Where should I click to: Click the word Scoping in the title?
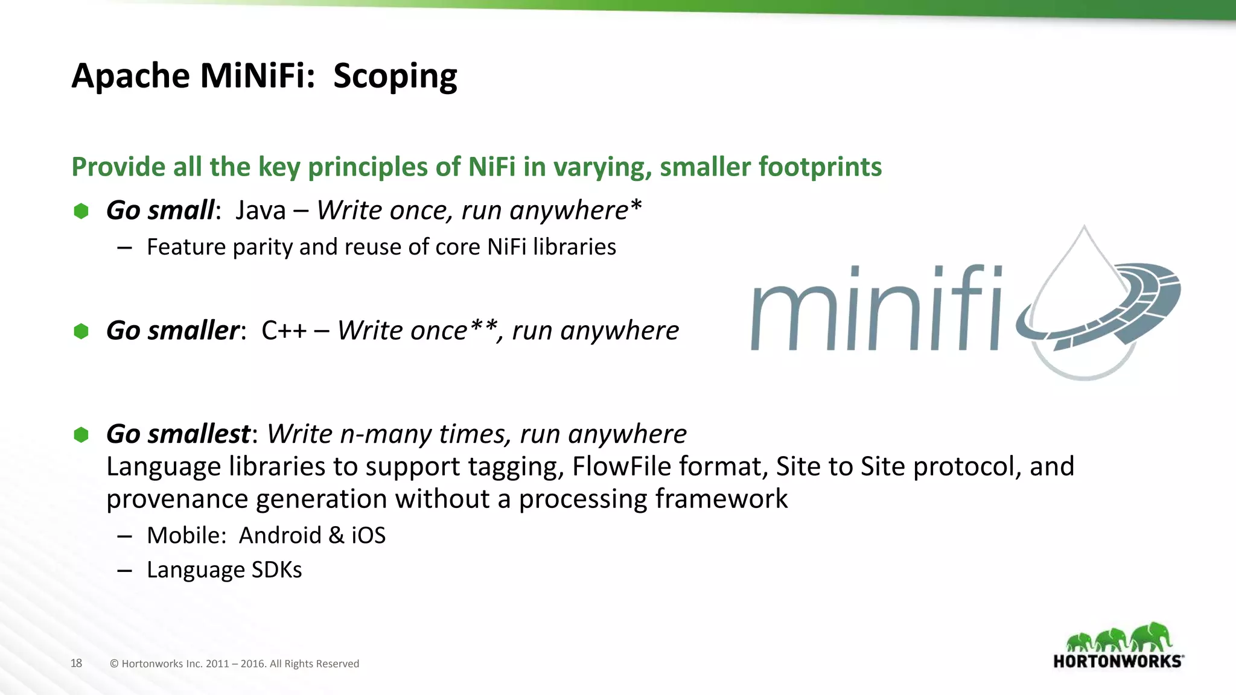pyautogui.click(x=395, y=77)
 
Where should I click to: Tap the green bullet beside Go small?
pyautogui.click(x=81, y=211)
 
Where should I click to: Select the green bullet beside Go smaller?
pyautogui.click(x=81, y=331)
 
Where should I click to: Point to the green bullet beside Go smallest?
pyautogui.click(x=81, y=434)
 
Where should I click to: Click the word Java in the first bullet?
pyautogui.click(x=261, y=211)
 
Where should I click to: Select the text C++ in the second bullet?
pyautogui.click(x=284, y=331)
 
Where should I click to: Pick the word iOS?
pyautogui.click(x=368, y=536)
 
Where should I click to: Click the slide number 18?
pyautogui.click(x=76, y=663)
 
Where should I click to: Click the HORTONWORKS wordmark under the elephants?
pyautogui.click(x=1117, y=661)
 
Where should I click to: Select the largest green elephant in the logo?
pyautogui.click(x=1151, y=636)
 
